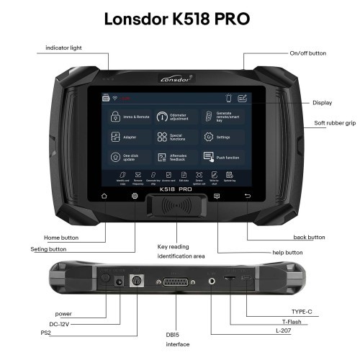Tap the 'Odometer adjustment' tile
pos(176,115)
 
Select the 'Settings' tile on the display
pos(220,136)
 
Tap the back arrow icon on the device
pos(248,196)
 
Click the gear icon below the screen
pos(134,196)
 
